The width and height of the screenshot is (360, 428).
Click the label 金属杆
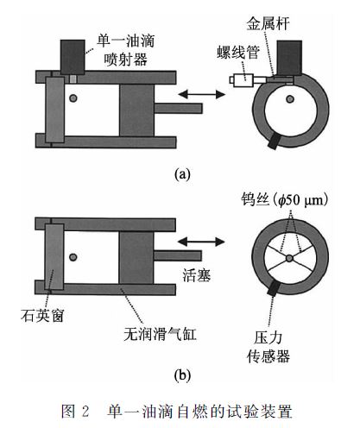coord(268,23)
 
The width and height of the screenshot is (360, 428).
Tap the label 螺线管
coord(238,53)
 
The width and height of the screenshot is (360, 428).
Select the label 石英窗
coord(42,315)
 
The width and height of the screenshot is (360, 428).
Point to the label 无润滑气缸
coord(160,334)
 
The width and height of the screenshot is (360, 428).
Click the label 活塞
coord(197,275)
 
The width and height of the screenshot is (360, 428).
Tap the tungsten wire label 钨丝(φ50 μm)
coord(285,199)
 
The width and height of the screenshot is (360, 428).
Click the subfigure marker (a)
coord(182,173)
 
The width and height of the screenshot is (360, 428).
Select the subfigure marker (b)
coord(182,375)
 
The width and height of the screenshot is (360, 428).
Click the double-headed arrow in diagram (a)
coord(201,94)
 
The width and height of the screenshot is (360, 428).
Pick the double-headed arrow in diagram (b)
coord(201,242)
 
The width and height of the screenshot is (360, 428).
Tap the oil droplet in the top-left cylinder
coord(73,98)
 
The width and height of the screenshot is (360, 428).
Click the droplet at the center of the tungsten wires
coord(289,258)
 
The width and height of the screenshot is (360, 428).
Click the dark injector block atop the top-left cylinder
coord(73,57)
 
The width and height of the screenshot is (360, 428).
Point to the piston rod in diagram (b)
coord(177,255)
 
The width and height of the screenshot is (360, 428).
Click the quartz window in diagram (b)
coord(54,257)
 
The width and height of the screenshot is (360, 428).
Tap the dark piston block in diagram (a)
coord(136,110)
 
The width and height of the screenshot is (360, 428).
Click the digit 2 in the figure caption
coord(85,411)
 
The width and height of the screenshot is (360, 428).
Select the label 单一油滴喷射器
coord(126,50)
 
